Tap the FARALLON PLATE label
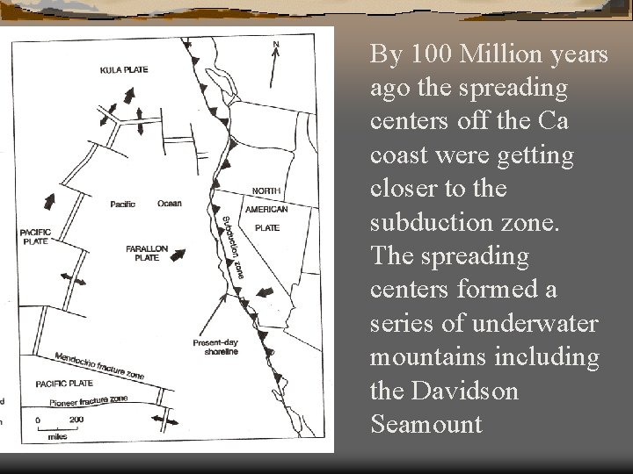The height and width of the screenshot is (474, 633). (147, 254)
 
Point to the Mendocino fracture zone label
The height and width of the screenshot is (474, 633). (98, 363)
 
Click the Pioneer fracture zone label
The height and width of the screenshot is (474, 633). (88, 401)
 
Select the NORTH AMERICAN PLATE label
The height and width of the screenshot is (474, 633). (266, 209)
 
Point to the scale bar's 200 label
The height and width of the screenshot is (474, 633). (76, 420)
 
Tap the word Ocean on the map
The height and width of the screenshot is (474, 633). (170, 204)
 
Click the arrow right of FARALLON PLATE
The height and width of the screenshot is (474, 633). (179, 255)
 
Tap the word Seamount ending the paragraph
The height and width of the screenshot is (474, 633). (426, 426)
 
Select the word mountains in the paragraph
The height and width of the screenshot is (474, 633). (425, 358)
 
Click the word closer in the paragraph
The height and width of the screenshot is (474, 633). (401, 189)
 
